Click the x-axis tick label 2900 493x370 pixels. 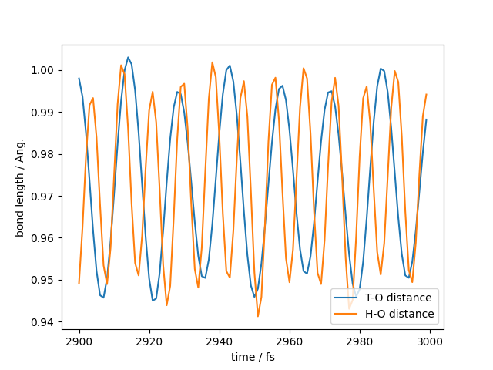[x=79, y=341]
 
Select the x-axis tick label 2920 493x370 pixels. [x=149, y=341]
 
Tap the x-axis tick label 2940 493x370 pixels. [x=220, y=341]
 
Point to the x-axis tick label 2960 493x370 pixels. [x=290, y=341]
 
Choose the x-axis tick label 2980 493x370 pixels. [x=360, y=341]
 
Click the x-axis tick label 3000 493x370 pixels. [x=430, y=341]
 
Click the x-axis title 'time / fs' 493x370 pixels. [x=253, y=357]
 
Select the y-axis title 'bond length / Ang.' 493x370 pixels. [x=20, y=187]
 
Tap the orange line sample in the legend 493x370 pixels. [x=349, y=314]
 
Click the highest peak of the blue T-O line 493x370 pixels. [x=128, y=57]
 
